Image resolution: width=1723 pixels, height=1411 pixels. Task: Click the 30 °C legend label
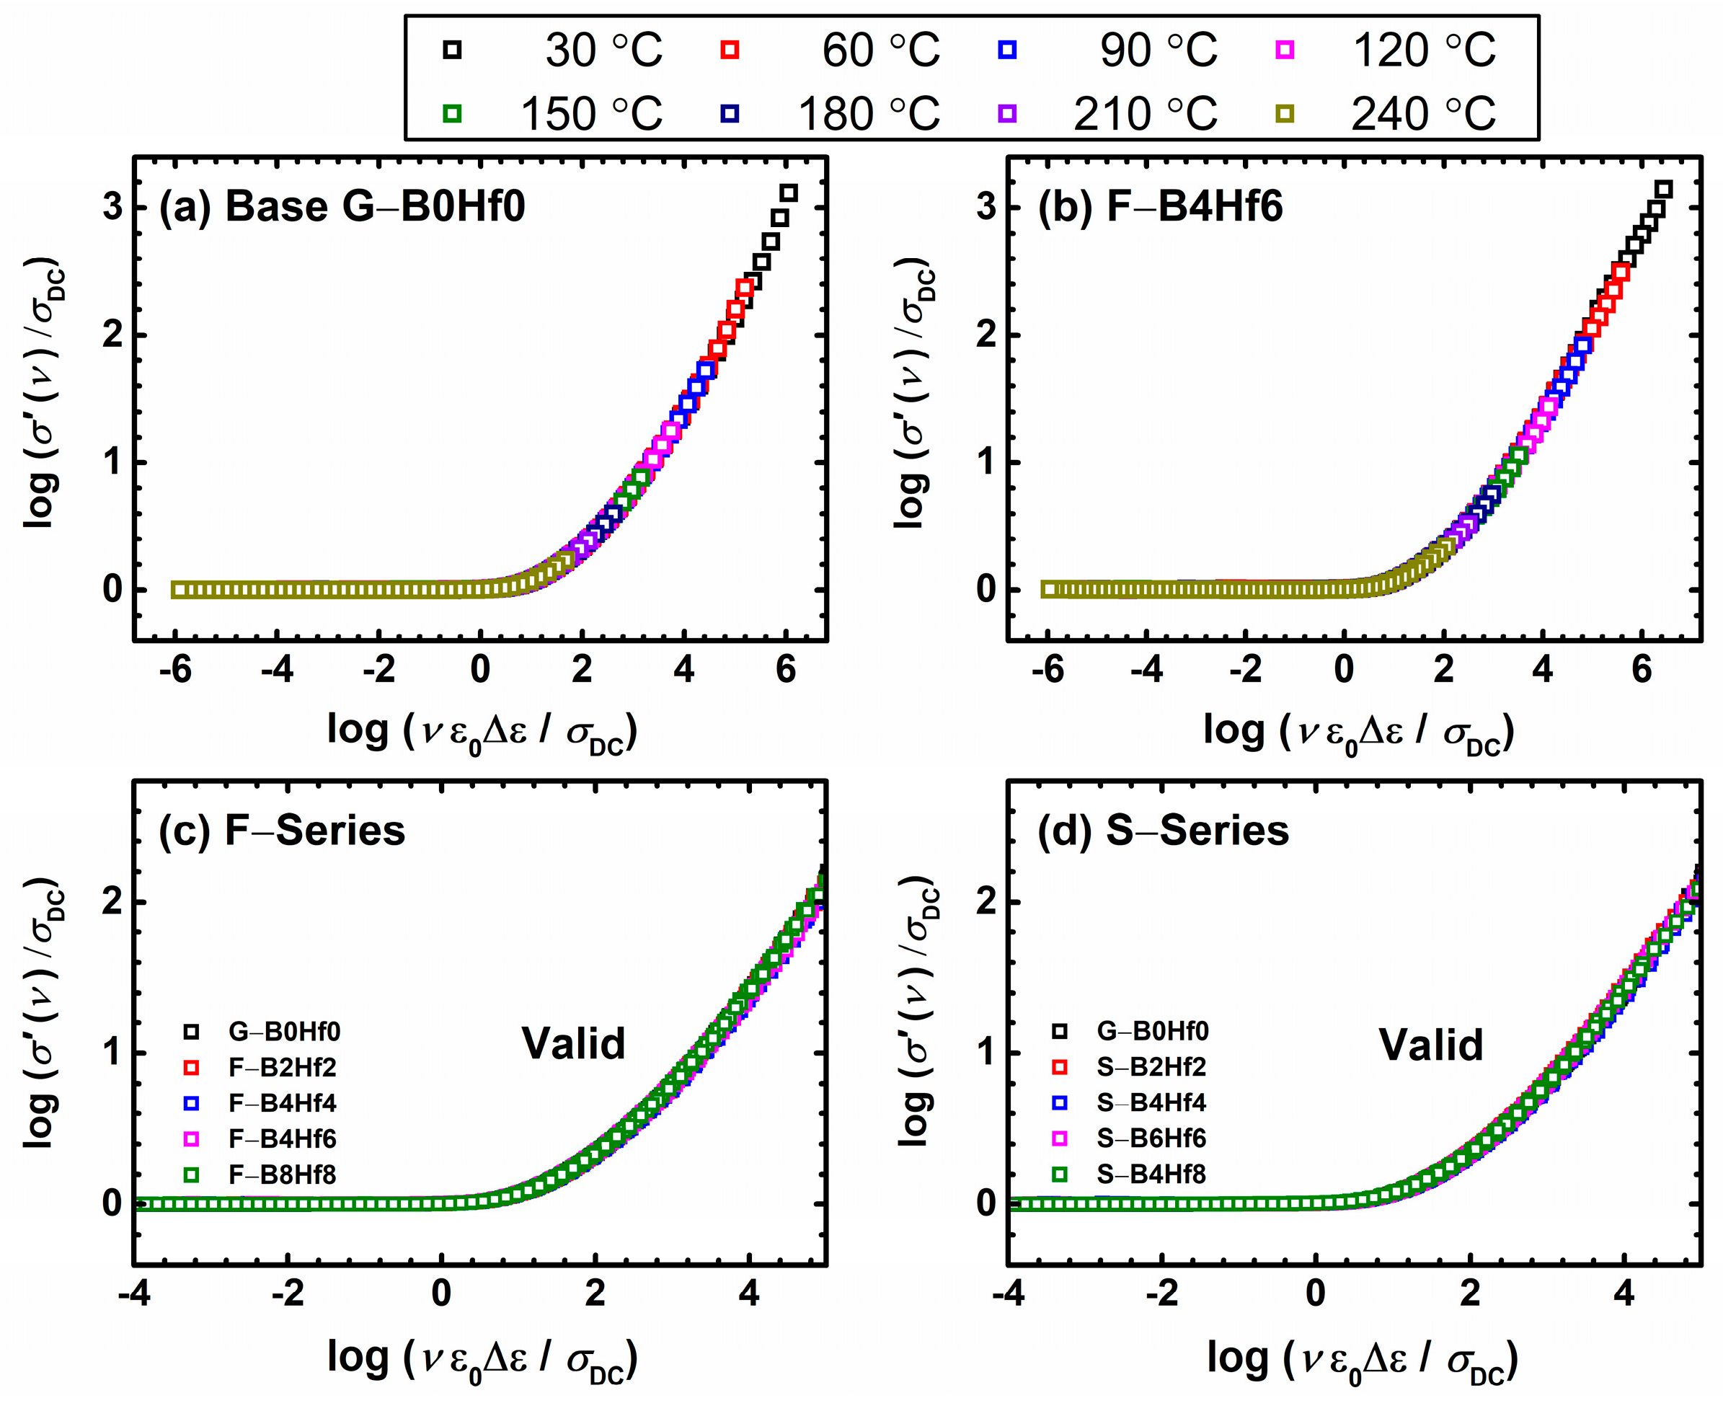point(603,50)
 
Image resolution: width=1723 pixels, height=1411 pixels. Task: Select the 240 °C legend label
point(1423,114)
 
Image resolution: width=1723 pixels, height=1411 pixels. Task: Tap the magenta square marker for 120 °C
point(1284,50)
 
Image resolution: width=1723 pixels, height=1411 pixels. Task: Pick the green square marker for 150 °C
point(453,114)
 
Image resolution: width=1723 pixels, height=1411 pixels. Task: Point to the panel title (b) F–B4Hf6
point(1160,206)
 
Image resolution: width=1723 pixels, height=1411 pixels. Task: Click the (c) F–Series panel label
point(282,831)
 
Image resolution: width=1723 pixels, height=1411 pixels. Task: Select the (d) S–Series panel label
point(1163,831)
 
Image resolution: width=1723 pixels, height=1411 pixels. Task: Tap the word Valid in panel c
point(574,1043)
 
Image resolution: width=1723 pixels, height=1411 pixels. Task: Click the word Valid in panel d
point(1431,1045)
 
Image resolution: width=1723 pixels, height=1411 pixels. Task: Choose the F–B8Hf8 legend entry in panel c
point(282,1175)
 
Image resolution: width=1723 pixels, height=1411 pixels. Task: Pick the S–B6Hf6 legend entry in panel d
point(1151,1138)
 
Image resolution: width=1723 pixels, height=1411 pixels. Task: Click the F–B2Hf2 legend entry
point(282,1066)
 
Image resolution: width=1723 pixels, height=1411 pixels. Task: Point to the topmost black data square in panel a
point(789,193)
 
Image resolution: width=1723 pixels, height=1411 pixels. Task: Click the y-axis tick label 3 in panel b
point(985,206)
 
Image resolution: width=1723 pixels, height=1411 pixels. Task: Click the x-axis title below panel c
point(482,1358)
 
